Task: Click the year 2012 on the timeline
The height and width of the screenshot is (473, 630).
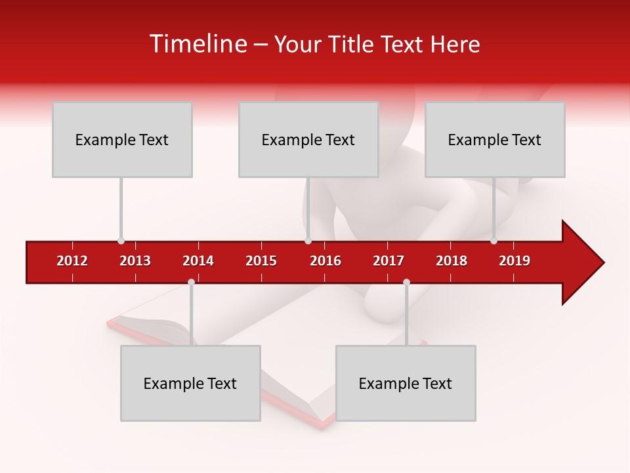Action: [x=72, y=261]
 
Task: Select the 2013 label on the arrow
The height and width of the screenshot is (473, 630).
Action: [x=135, y=261]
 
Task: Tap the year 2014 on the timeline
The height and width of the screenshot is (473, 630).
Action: [x=198, y=261]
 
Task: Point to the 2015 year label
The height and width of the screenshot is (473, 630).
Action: [x=261, y=261]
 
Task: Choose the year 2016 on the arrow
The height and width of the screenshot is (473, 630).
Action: [x=325, y=261]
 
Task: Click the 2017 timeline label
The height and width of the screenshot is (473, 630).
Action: [x=388, y=261]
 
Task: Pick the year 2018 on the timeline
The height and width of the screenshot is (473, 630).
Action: [x=451, y=261]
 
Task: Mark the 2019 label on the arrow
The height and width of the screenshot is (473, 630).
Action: [x=514, y=261]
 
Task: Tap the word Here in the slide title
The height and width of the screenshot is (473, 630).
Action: [x=455, y=44]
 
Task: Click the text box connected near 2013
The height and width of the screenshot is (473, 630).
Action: [x=122, y=139]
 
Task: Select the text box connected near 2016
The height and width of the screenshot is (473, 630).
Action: [x=308, y=139]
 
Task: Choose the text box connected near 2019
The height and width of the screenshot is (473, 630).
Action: [x=495, y=139]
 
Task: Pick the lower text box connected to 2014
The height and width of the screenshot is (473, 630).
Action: [x=190, y=383]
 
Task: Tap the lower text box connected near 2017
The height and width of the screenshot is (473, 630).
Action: [x=406, y=383]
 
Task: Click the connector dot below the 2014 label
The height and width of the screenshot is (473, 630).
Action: [x=191, y=282]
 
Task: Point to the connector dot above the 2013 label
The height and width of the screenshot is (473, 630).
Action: [x=121, y=241]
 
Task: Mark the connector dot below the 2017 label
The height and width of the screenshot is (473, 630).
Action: [x=406, y=282]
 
